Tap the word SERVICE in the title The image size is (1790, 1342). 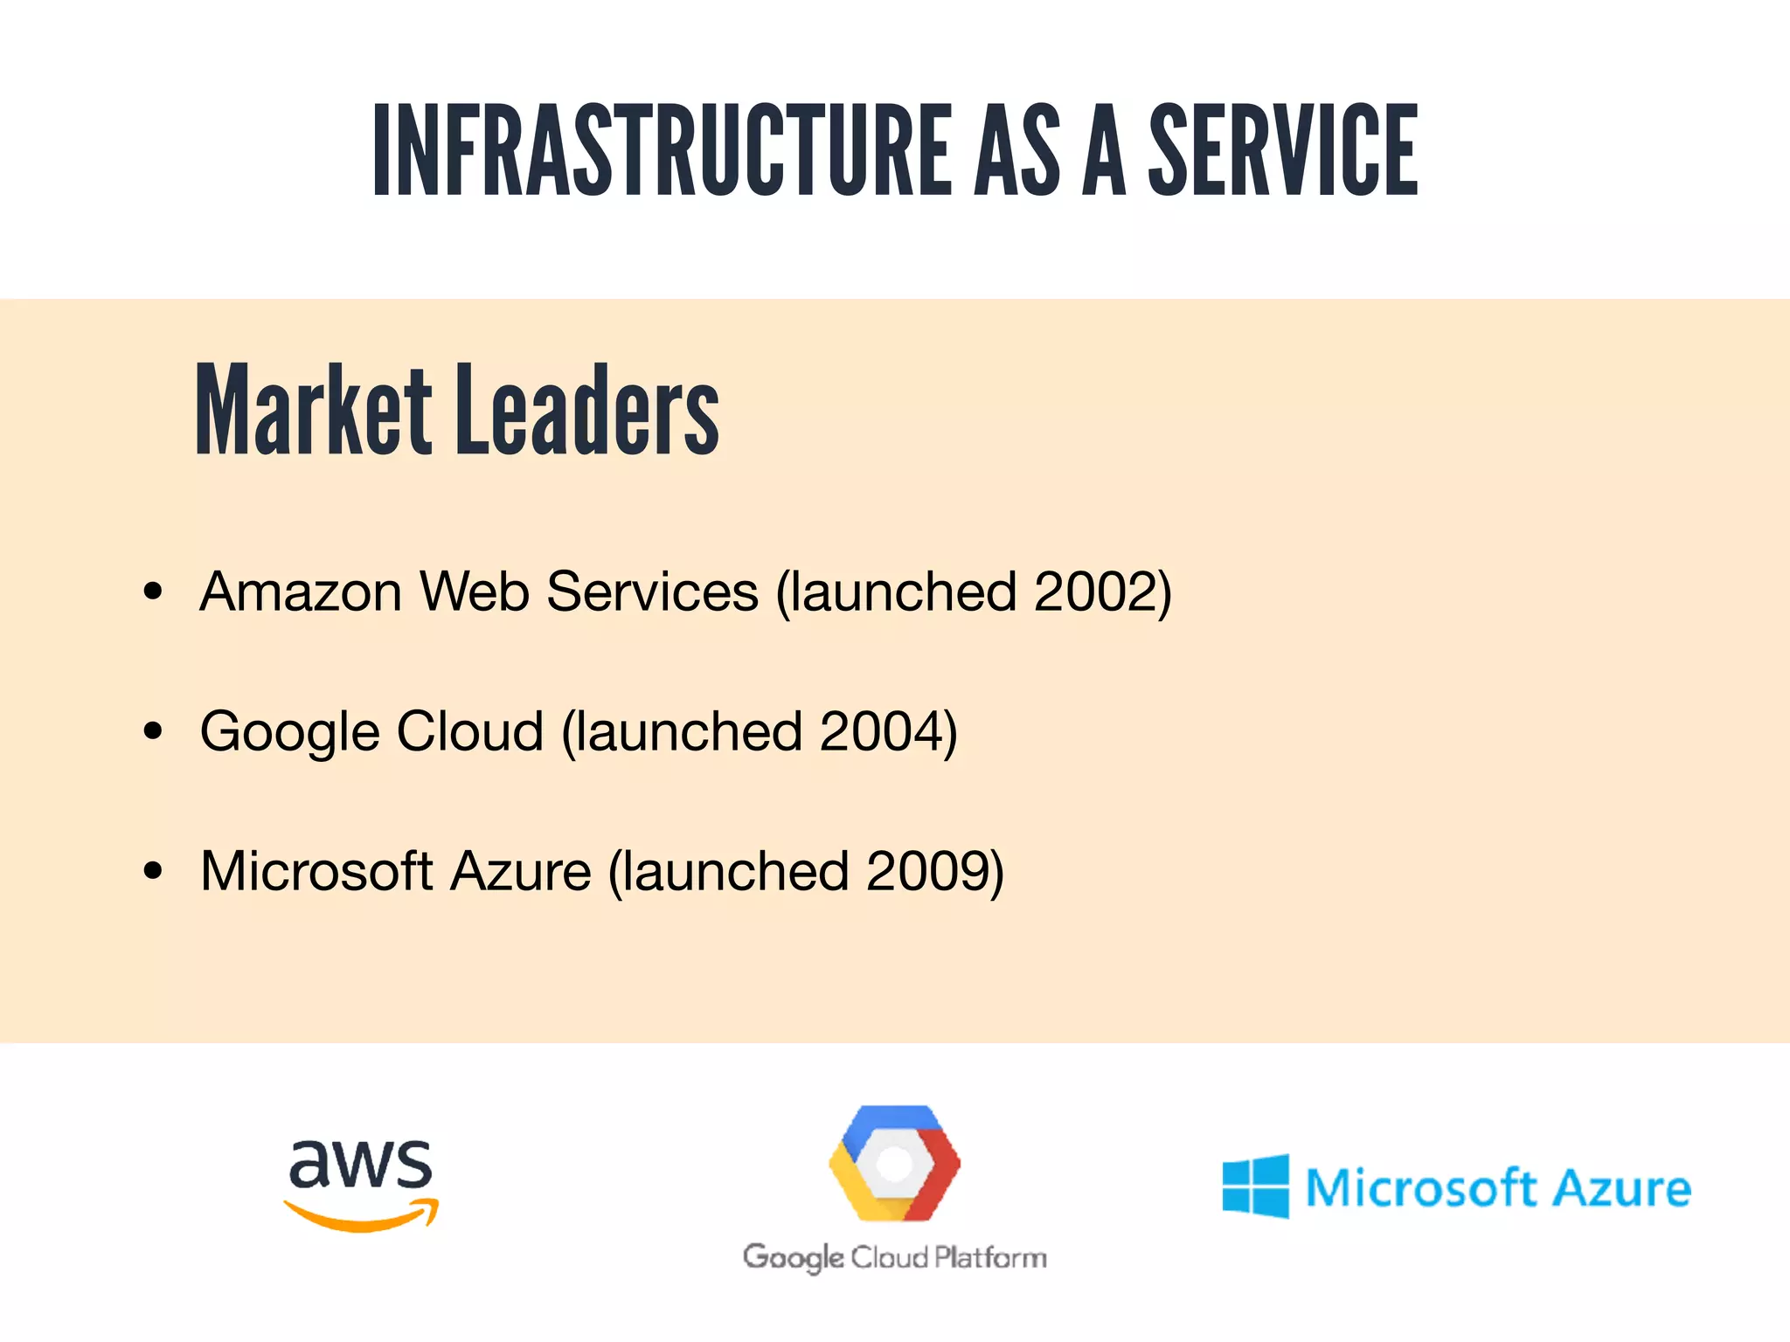click(1282, 149)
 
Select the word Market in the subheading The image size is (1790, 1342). click(313, 411)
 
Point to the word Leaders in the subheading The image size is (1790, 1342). click(587, 411)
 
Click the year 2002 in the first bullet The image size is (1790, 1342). click(1096, 591)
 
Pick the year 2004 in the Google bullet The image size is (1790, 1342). click(882, 731)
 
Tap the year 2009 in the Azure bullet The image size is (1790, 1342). click(928, 871)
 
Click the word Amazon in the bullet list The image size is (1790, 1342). click(301, 591)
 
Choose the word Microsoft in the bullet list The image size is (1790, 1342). click(316, 871)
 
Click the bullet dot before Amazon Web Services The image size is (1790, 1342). click(153, 591)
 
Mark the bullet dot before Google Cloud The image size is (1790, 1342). click(153, 731)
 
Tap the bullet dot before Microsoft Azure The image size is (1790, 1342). click(153, 871)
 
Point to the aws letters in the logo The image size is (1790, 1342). click(360, 1164)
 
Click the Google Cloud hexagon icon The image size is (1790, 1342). click(894, 1163)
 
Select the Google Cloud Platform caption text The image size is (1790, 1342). click(894, 1258)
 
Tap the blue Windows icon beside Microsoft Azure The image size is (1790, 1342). click(1255, 1186)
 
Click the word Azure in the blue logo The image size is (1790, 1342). click(1623, 1188)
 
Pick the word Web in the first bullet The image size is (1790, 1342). click(475, 591)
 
